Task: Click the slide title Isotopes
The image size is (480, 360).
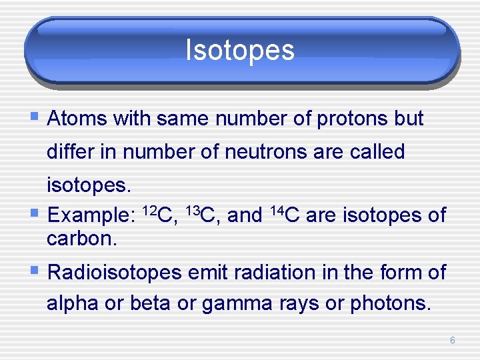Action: pyautogui.click(x=239, y=50)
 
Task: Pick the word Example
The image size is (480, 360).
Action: pyautogui.click(x=91, y=216)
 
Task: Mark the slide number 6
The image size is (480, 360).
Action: pyautogui.click(x=452, y=341)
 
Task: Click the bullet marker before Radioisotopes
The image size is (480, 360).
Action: pyautogui.click(x=35, y=271)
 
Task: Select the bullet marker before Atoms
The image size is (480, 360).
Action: pyautogui.click(x=35, y=118)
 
